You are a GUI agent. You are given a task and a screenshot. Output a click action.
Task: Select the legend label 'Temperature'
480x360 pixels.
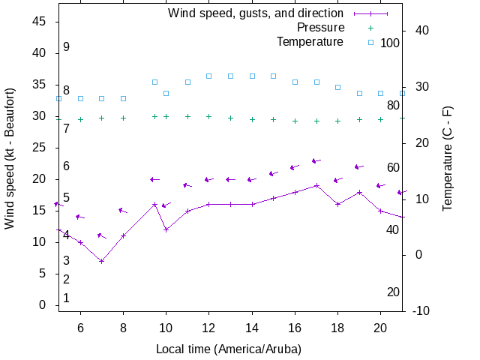[310, 42]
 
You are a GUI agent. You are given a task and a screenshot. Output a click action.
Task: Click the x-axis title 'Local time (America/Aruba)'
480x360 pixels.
[229, 349]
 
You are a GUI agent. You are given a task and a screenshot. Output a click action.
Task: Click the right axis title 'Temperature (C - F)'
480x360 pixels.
[448, 158]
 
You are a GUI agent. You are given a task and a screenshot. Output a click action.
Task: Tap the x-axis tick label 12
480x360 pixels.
[209, 327]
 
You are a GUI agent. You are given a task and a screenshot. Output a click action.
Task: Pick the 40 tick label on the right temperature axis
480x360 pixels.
[421, 31]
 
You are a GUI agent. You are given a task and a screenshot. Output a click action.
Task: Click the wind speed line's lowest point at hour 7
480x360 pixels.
[101, 261]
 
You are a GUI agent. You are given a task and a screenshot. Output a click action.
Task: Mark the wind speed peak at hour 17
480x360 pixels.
[316, 185]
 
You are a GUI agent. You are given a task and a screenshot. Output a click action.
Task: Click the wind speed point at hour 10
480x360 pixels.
[166, 229]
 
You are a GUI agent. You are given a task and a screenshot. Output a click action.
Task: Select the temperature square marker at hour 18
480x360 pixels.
[337, 87]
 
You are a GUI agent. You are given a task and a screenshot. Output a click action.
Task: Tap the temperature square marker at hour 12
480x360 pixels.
[209, 76]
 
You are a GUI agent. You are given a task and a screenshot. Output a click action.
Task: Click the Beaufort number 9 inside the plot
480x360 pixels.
[66, 47]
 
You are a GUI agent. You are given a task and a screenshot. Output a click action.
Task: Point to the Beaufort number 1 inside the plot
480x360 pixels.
[66, 298]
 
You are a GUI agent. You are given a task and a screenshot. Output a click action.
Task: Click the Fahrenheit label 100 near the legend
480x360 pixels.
[390, 43]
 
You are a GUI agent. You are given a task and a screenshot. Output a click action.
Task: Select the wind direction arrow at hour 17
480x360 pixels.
[316, 160]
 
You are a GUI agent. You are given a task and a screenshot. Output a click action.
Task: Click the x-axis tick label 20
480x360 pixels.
[380, 327]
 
